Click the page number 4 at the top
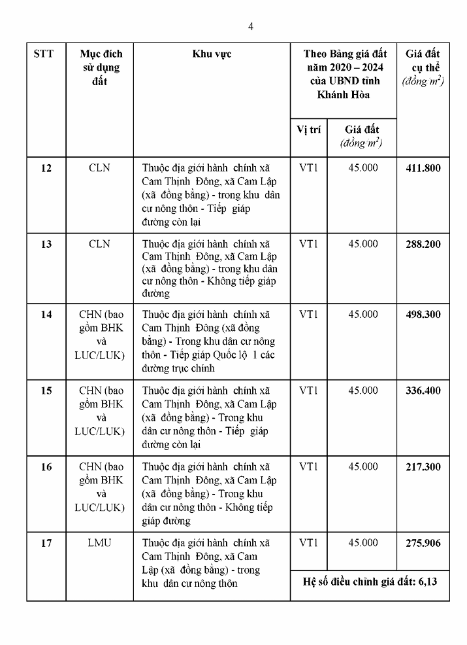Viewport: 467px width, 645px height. [x=251, y=26]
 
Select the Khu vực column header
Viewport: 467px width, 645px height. [x=212, y=54]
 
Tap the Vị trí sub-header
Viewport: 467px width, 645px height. [x=308, y=130]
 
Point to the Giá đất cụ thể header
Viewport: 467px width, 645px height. [x=423, y=67]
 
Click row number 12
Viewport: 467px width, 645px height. [x=46, y=168]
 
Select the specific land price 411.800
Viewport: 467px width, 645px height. [x=423, y=168]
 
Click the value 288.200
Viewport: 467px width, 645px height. [x=423, y=244]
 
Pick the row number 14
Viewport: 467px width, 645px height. [x=46, y=314]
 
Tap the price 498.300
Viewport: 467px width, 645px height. [x=423, y=314]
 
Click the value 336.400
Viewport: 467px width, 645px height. [x=423, y=391]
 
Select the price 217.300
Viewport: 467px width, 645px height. [x=423, y=466]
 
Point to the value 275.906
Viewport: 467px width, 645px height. [x=423, y=542]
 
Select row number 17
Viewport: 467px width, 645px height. [x=46, y=542]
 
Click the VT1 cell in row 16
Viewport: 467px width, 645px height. [x=308, y=466]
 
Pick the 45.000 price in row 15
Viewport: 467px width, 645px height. [x=362, y=391]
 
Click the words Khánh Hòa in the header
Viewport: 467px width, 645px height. [x=343, y=94]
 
